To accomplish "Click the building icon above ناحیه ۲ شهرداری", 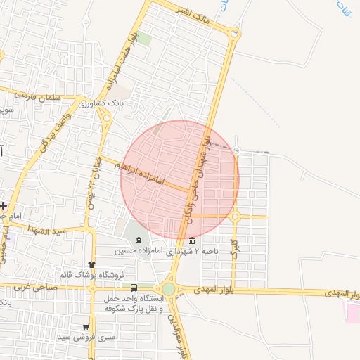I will coord(193,240).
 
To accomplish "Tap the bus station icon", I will coord(134,287).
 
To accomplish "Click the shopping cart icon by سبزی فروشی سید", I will coord(86,327).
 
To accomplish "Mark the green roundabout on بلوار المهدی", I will coord(169,289).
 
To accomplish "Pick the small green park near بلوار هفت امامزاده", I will coord(143,38).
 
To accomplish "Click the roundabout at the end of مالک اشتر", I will coord(234,32).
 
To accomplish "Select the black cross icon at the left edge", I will coord(4,205).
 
